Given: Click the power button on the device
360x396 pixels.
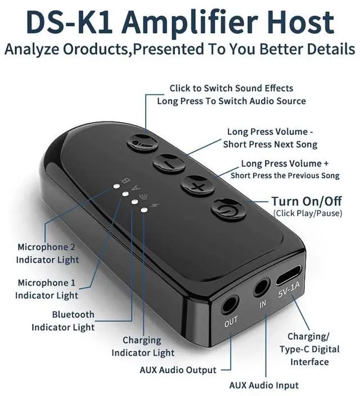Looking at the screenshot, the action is coord(228,209).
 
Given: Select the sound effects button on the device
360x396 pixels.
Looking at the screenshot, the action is coord(142,143).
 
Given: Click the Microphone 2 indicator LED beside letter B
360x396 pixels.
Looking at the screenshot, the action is coord(116,187).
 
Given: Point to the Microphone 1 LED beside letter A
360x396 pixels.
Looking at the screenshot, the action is coord(125,194).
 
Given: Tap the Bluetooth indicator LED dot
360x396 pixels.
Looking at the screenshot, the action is coord(134,202).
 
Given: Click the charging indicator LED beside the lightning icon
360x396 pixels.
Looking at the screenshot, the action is coord(144,210).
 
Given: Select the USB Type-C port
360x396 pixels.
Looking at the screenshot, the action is coord(289,274).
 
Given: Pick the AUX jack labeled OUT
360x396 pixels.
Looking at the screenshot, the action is coord(230,305).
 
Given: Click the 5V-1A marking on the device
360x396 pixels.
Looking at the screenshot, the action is coord(289,290).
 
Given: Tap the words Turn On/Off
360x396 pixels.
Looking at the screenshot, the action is coord(307,201).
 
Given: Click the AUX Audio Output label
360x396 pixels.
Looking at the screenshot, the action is coord(178,370).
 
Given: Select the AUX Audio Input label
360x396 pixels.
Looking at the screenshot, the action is coord(264,385).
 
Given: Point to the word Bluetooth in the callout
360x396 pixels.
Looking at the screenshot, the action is coord(73,314).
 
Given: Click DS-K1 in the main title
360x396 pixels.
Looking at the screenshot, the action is coord(69,21).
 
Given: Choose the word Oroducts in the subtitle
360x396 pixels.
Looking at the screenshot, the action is coord(96,49).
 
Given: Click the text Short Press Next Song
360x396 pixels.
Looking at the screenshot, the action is coord(270,145).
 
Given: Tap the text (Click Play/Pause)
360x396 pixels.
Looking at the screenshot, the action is coord(308,213).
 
